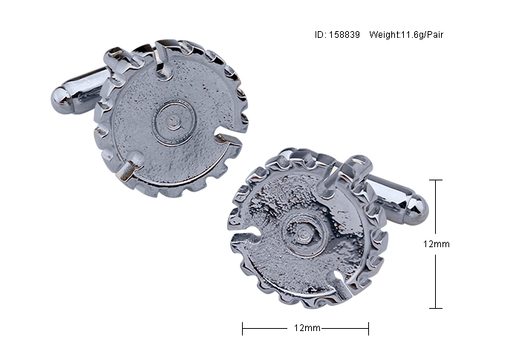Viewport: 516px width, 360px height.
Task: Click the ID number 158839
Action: coord(344,35)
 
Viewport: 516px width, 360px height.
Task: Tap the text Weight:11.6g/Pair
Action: coord(406,35)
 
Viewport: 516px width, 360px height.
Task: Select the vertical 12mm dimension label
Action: coord(436,244)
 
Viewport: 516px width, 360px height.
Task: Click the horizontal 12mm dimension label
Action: coord(307,328)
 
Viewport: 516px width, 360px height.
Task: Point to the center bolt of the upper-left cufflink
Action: coord(174,122)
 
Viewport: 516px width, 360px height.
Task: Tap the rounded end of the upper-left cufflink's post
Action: coord(61,100)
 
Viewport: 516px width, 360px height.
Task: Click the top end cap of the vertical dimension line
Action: coord(436,180)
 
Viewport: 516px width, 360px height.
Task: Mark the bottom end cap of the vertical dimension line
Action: coord(436,308)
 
